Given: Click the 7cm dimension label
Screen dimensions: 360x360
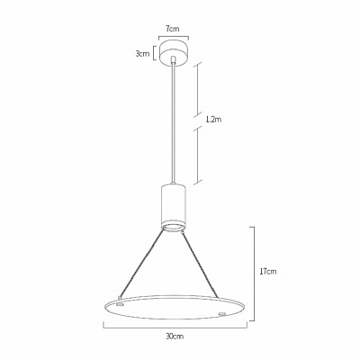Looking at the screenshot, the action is coord(173,29).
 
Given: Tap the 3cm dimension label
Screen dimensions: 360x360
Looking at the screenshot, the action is coord(142,54).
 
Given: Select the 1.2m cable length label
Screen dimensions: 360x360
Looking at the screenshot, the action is coord(213,120).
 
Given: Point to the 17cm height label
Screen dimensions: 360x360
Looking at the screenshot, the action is coord(268,272).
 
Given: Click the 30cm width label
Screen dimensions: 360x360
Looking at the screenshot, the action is coord(175,337).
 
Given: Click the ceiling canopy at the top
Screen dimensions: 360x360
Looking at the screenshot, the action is coord(174,53).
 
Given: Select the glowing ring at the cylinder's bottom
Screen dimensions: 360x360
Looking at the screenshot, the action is coord(174,227).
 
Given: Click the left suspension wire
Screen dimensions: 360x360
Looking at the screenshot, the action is coord(142,263).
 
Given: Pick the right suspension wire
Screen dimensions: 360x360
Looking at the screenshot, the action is coord(201,265).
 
